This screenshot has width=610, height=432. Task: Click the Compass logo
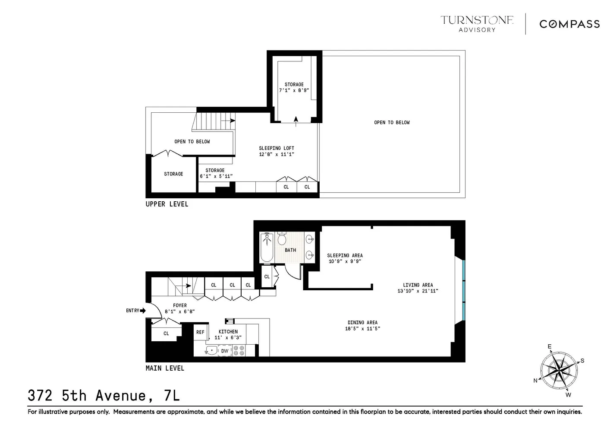point(569,24)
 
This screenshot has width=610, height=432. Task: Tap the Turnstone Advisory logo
point(477,23)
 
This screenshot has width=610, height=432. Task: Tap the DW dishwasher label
point(225,351)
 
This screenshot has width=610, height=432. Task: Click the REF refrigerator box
point(200,332)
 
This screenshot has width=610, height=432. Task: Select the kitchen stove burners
point(239,350)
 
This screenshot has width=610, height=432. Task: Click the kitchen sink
point(211,350)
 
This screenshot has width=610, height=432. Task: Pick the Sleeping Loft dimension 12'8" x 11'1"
point(277,154)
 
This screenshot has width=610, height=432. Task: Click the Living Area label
point(418,285)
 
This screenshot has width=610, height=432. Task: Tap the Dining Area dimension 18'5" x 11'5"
point(362,328)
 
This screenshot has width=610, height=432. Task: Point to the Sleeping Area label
point(345,255)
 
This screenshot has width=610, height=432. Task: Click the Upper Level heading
point(167,204)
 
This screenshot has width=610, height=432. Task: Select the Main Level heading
point(165,368)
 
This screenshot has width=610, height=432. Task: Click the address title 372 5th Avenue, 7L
point(104,395)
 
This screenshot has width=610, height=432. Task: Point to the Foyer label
point(180,305)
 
